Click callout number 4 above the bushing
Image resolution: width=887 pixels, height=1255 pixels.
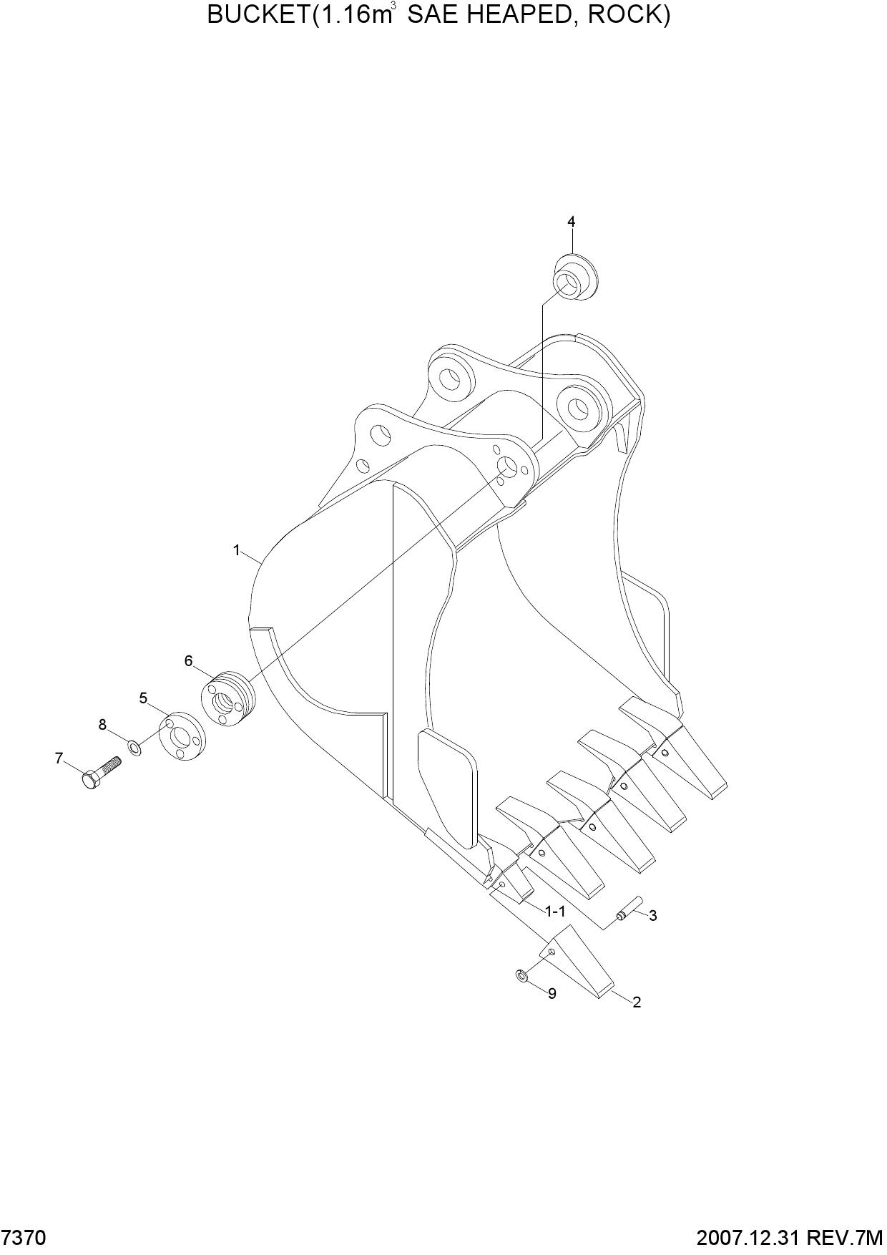pyautogui.click(x=571, y=222)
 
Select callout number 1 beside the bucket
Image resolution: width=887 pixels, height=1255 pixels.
pyautogui.click(x=236, y=550)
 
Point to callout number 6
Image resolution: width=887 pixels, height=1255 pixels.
pyautogui.click(x=189, y=660)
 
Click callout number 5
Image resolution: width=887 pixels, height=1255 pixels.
pyautogui.click(x=143, y=698)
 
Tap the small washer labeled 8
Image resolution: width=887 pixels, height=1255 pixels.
pyautogui.click(x=134, y=748)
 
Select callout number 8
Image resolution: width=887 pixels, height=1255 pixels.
pyautogui.click(x=102, y=725)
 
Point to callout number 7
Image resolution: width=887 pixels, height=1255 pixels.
pyautogui.click(x=59, y=758)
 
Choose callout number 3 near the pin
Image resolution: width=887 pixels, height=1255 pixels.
pyautogui.click(x=653, y=915)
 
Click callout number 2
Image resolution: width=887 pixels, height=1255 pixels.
pyautogui.click(x=637, y=1002)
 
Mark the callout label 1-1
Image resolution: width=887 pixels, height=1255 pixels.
pyautogui.click(x=555, y=912)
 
